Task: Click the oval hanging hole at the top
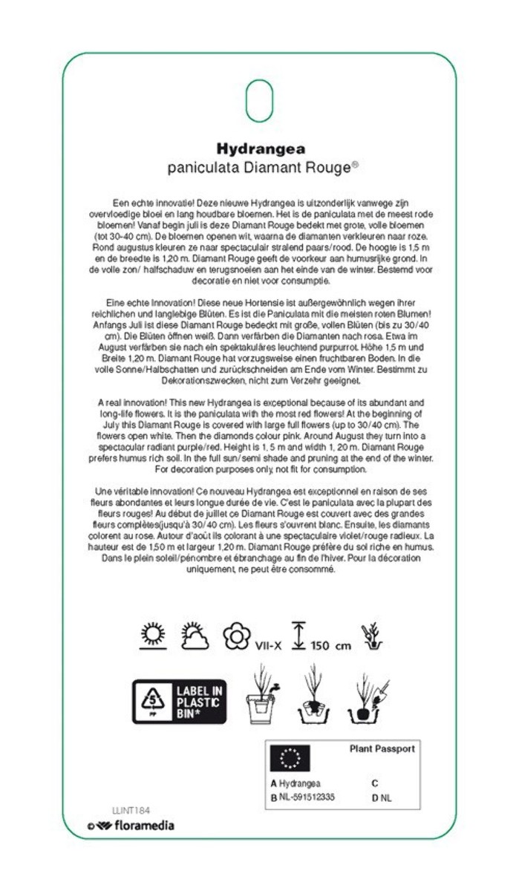coord(259,99)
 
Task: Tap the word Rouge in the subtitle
coord(327,168)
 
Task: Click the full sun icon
coord(153,636)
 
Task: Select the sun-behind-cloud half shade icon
coord(195,636)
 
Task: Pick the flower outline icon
coord(237,636)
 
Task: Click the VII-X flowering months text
coord(268,644)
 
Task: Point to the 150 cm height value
coord(330,645)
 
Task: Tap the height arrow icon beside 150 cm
coord(298,636)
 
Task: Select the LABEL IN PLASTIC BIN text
coord(199,701)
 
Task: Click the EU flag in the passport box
coord(290,759)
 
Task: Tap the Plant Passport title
coord(382,748)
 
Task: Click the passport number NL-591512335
coord(307,797)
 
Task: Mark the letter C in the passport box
coord(375,783)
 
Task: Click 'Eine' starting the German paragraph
coord(115,303)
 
